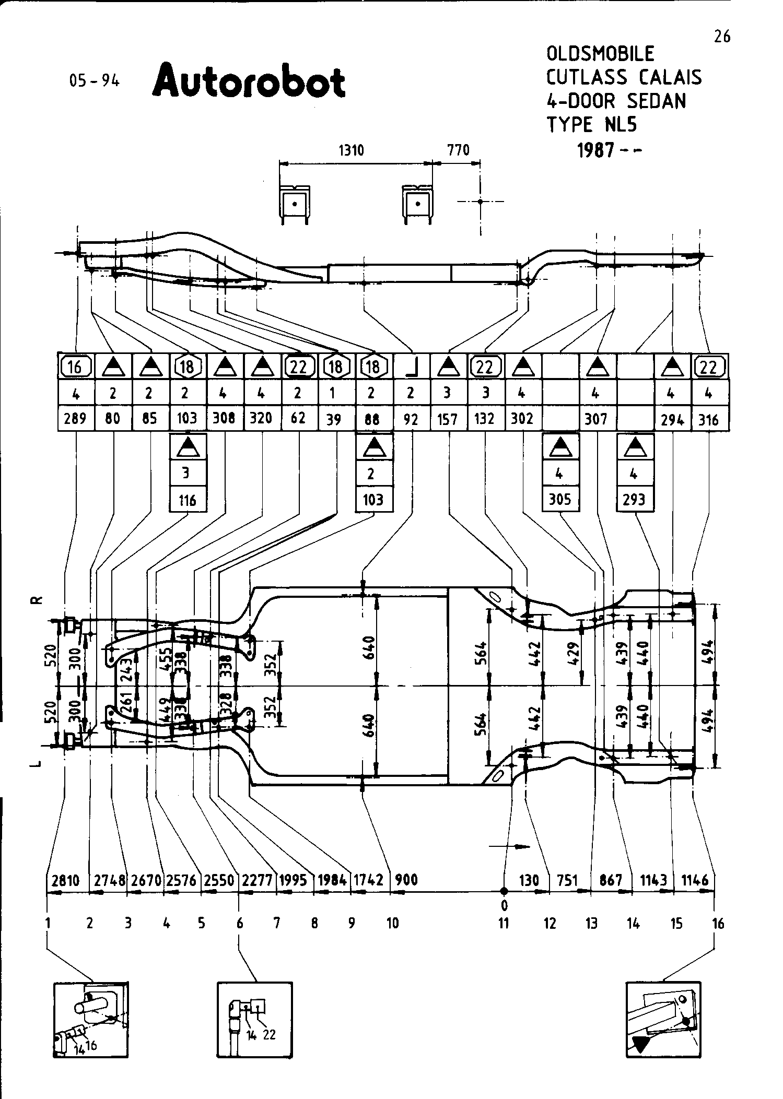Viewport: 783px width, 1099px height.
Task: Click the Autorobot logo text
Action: [249, 82]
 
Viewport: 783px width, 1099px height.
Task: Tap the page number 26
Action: [722, 37]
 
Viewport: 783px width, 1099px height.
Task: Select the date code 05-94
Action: [95, 81]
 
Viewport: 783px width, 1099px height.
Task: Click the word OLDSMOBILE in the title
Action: [600, 54]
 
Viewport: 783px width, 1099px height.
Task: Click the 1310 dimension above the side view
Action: [351, 150]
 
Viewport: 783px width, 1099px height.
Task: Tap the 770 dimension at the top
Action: [458, 150]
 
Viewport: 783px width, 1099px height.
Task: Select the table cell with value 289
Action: [75, 419]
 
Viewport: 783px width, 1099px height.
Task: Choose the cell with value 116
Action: [188, 500]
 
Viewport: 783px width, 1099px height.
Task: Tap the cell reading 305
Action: [560, 500]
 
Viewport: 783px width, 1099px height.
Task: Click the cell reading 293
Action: [635, 500]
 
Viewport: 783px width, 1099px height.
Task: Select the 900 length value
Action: [406, 880]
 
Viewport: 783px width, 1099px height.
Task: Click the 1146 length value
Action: [695, 880]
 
